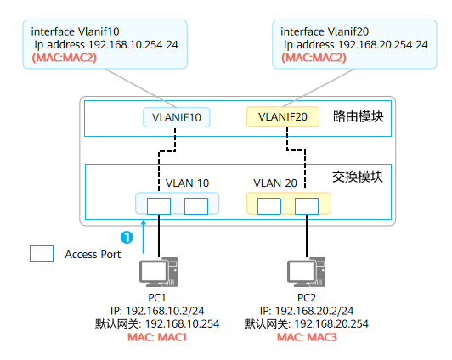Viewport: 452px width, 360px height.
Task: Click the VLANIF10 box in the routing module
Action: click(x=177, y=117)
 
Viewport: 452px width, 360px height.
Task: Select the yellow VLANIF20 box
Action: click(x=283, y=116)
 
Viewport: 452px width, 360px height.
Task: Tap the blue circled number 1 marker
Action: click(x=127, y=238)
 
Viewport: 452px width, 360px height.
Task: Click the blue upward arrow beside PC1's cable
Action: click(x=144, y=237)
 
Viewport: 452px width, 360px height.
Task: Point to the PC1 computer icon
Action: click(x=158, y=273)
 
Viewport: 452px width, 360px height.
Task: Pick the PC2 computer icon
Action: click(x=306, y=273)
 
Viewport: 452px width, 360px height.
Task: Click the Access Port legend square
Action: click(x=42, y=253)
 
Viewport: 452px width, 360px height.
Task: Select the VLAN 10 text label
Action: click(x=187, y=183)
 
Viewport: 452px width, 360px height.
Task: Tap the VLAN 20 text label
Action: click(x=275, y=183)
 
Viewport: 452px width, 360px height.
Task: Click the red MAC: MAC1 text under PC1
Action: click(x=157, y=337)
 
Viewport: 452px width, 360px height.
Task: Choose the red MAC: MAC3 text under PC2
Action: click(x=307, y=337)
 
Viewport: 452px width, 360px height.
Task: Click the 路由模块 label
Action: click(x=358, y=116)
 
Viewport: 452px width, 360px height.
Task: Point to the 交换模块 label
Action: click(x=358, y=177)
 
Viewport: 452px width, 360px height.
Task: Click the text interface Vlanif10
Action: click(x=76, y=31)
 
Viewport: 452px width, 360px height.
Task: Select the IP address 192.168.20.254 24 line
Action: click(x=355, y=45)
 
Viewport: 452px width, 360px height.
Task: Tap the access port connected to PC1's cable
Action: click(x=159, y=206)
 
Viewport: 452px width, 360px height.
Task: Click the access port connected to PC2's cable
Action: click(x=307, y=206)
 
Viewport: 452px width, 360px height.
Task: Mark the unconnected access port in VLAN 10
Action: click(x=196, y=206)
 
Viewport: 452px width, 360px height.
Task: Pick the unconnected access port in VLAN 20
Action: click(x=269, y=206)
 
